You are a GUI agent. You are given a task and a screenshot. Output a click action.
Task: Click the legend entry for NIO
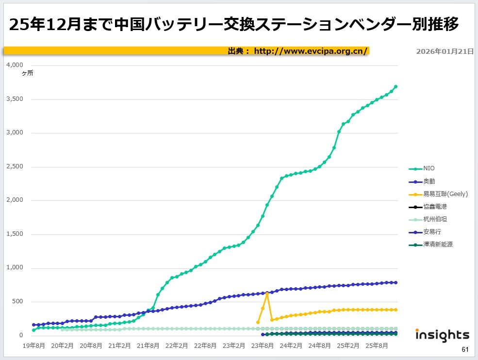point(429,168)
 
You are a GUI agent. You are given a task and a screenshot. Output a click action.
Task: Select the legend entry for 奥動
point(429,181)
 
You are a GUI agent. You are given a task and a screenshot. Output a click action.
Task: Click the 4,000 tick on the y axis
point(15,65)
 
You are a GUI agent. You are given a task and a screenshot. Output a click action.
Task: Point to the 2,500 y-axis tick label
point(15,166)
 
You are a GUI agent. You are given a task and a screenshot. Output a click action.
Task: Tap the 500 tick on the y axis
point(18,302)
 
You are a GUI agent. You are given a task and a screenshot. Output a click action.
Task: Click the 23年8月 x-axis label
point(263,346)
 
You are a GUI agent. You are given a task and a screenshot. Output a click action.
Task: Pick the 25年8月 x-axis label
point(377,346)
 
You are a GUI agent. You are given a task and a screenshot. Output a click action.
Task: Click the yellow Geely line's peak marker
point(267,294)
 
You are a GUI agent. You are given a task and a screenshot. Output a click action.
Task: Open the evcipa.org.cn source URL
point(311,51)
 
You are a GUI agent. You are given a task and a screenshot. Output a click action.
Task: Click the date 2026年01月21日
point(445,51)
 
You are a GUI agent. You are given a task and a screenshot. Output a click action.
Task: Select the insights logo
point(442,335)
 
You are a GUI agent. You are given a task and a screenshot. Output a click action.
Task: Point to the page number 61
point(465,350)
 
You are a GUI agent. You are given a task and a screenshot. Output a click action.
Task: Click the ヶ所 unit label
point(27,73)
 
